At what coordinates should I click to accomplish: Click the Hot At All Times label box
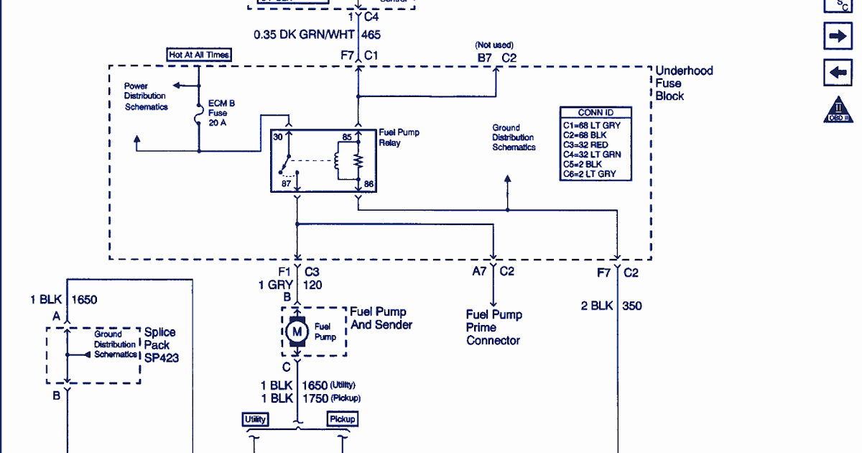(x=199, y=55)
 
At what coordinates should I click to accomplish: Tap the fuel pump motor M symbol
(x=297, y=331)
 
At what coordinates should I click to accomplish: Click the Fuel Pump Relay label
(x=399, y=137)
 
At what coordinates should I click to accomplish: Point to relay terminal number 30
(x=278, y=137)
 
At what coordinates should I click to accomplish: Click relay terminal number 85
(x=347, y=137)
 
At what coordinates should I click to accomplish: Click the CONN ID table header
(x=595, y=113)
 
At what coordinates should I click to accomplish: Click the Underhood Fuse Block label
(x=684, y=83)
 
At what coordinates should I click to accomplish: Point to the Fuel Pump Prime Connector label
(x=493, y=327)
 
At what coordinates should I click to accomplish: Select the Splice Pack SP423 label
(x=161, y=344)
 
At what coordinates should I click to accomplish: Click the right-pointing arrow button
(x=838, y=36)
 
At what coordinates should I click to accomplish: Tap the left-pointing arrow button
(x=838, y=72)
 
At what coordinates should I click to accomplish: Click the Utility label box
(x=256, y=419)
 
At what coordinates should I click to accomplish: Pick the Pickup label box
(x=342, y=419)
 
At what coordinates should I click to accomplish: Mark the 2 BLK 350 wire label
(x=611, y=306)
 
